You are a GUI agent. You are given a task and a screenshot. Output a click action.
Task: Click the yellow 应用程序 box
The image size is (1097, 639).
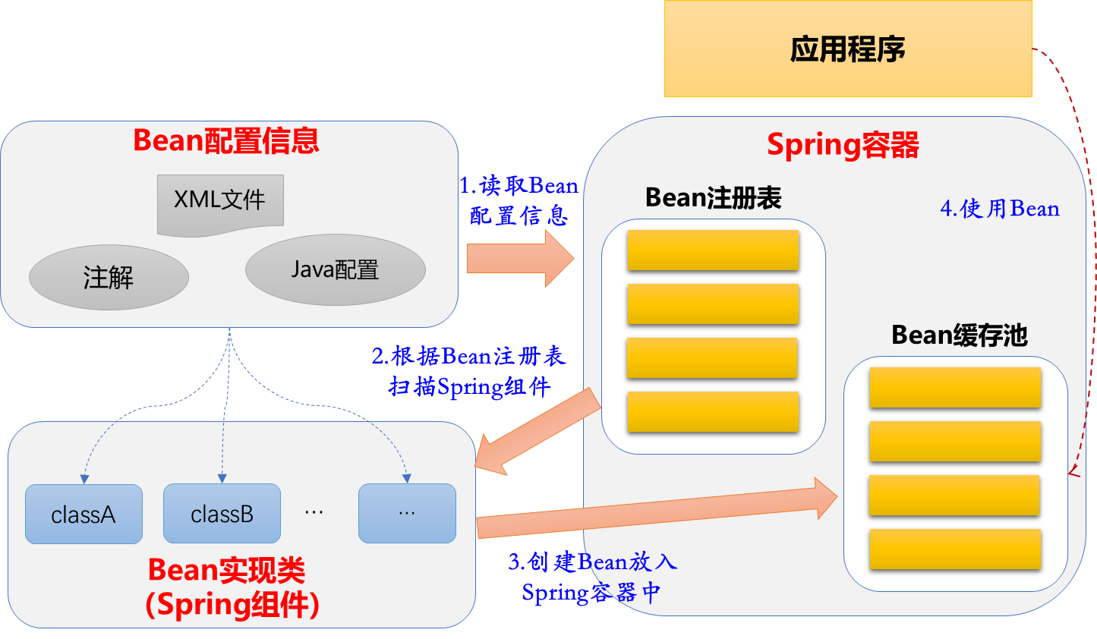[x=848, y=49]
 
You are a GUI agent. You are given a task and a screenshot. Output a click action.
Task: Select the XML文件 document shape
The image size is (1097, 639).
[x=220, y=202]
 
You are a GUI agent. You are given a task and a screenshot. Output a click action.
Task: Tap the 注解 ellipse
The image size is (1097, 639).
[x=109, y=277]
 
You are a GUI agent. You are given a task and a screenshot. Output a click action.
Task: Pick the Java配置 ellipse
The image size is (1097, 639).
[x=335, y=269]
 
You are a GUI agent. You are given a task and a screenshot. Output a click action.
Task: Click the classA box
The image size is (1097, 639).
[x=84, y=515]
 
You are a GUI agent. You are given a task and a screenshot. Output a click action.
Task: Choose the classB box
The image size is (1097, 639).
[x=222, y=514]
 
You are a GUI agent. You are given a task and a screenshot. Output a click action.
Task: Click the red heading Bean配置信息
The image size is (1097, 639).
[x=225, y=141]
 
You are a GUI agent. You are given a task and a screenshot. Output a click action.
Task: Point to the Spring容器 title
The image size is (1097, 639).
[x=843, y=145]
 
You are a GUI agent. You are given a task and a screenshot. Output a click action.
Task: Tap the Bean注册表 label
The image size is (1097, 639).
[x=713, y=198]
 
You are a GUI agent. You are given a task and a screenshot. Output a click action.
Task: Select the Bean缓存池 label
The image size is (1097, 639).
[x=959, y=335]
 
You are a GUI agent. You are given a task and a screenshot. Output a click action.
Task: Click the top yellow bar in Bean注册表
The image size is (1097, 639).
[x=713, y=250]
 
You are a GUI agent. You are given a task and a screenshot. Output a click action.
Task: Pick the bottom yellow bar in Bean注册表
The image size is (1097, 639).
[x=713, y=412]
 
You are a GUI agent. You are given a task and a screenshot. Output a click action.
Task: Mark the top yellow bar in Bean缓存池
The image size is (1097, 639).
[x=955, y=388]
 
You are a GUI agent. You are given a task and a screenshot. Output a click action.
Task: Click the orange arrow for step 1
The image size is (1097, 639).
[x=520, y=259]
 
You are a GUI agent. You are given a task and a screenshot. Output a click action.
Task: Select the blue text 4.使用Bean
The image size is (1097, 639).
[x=999, y=209]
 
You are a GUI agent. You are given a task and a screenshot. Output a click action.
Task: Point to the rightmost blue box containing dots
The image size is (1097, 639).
[x=407, y=514]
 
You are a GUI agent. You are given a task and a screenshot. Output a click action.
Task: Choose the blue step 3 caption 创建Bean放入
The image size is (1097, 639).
[x=592, y=562]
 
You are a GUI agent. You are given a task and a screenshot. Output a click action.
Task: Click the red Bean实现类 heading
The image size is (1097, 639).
[x=226, y=570]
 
